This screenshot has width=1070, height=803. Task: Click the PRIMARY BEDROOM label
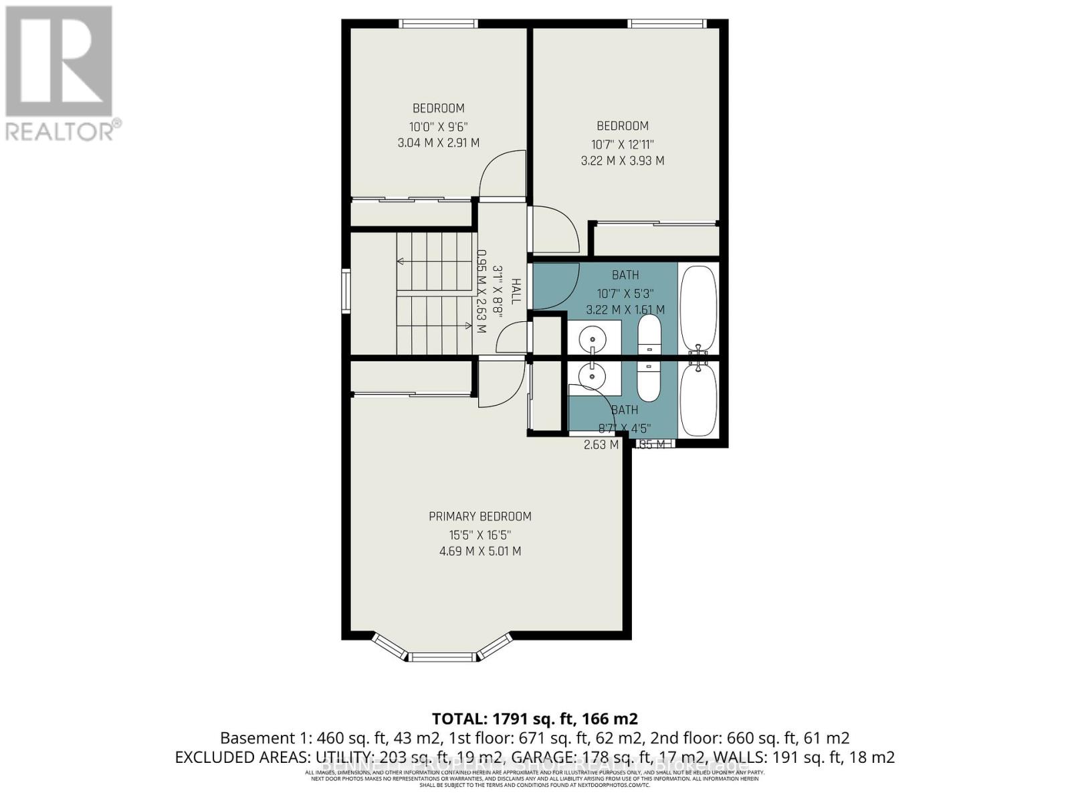pos(479,516)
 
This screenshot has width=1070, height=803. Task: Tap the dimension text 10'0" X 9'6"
pos(438,126)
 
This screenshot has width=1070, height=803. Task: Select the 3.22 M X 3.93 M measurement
pos(622,161)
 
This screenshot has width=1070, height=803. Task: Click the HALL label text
pos(516,292)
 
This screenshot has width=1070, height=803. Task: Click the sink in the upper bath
pos(593,336)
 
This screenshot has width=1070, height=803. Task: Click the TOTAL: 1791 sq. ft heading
pos(534,719)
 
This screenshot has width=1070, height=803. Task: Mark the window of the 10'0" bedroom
pos(438,23)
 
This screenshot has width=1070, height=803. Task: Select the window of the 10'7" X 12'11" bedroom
pos(667,23)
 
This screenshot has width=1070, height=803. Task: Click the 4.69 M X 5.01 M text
pos(479,551)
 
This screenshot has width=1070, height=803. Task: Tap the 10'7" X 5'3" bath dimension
pos(625,293)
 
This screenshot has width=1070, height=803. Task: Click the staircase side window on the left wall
pos(346,291)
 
